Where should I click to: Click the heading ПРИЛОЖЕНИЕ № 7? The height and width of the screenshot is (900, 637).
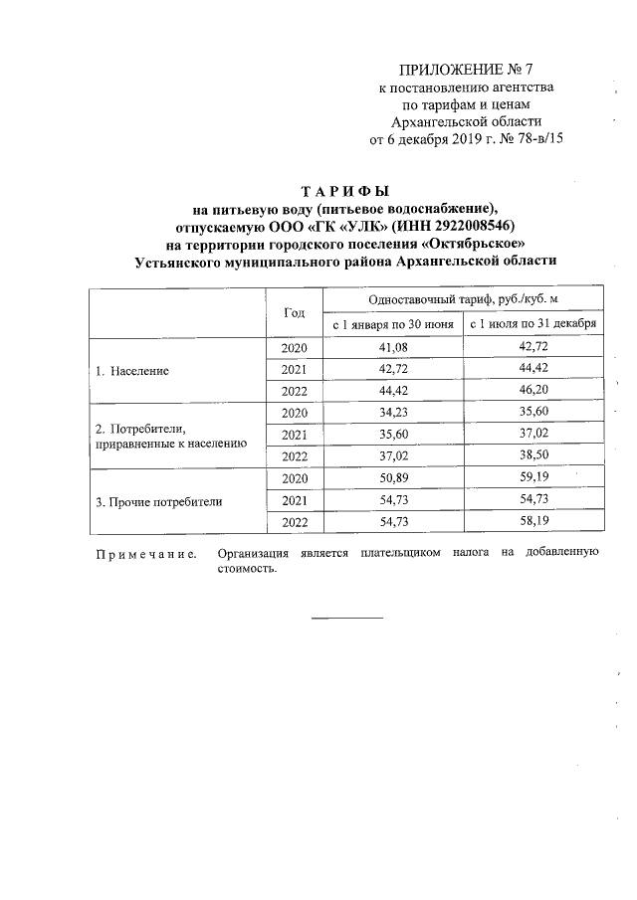[466, 70]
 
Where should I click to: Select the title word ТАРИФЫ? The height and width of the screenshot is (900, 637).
[345, 190]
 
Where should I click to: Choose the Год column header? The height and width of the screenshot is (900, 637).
[295, 312]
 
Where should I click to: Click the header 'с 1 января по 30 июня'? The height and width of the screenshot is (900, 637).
[392, 324]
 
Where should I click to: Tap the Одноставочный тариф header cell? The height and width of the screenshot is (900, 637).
[463, 299]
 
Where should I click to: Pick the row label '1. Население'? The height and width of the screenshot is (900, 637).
[131, 370]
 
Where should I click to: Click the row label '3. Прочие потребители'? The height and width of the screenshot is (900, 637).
[158, 501]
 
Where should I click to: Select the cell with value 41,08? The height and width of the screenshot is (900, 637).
[392, 348]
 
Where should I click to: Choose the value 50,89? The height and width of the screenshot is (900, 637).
[392, 479]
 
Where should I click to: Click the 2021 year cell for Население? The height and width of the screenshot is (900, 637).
[295, 370]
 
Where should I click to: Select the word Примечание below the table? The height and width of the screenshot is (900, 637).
[145, 553]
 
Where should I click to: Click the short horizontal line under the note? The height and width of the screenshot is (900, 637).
[346, 618]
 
